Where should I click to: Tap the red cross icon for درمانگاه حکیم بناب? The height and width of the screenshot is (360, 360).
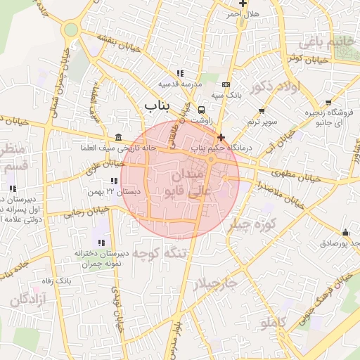[x=221, y=137]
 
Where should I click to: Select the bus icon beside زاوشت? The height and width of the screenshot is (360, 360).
[x=202, y=110]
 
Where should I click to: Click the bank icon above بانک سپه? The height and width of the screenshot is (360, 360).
[x=226, y=84]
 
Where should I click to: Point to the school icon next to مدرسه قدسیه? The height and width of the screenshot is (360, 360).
[x=181, y=73]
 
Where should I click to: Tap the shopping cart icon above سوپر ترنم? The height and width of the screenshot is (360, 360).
[x=262, y=111]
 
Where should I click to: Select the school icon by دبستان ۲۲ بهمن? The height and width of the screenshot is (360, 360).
[x=114, y=181]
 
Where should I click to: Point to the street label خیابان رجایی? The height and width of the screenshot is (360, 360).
[x=86, y=212]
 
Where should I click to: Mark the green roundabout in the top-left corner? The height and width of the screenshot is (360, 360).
[x=70, y=30]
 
